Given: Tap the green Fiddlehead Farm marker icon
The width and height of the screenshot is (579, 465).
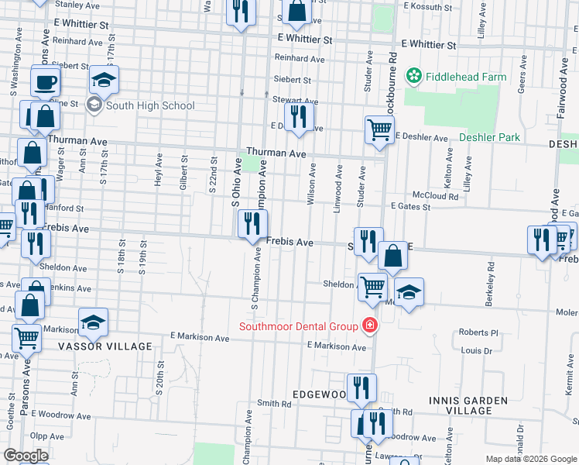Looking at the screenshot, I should click(414, 76).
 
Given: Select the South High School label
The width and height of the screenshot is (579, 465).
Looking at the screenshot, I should click(150, 105).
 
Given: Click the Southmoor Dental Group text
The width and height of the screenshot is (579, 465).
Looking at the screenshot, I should click(298, 325).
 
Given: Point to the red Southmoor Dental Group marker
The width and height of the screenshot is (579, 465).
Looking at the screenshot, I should click(370, 325).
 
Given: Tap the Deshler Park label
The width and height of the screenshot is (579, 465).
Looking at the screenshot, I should click(489, 137).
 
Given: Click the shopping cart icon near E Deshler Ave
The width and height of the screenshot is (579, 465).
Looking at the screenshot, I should click(379, 129).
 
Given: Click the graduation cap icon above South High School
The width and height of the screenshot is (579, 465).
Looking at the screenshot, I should click(104, 80).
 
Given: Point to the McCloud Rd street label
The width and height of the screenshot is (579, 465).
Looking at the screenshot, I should click(435, 196).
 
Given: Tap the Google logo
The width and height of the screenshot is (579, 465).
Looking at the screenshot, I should click(26, 456).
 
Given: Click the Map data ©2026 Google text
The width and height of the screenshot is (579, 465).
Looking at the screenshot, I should click(531, 459).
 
